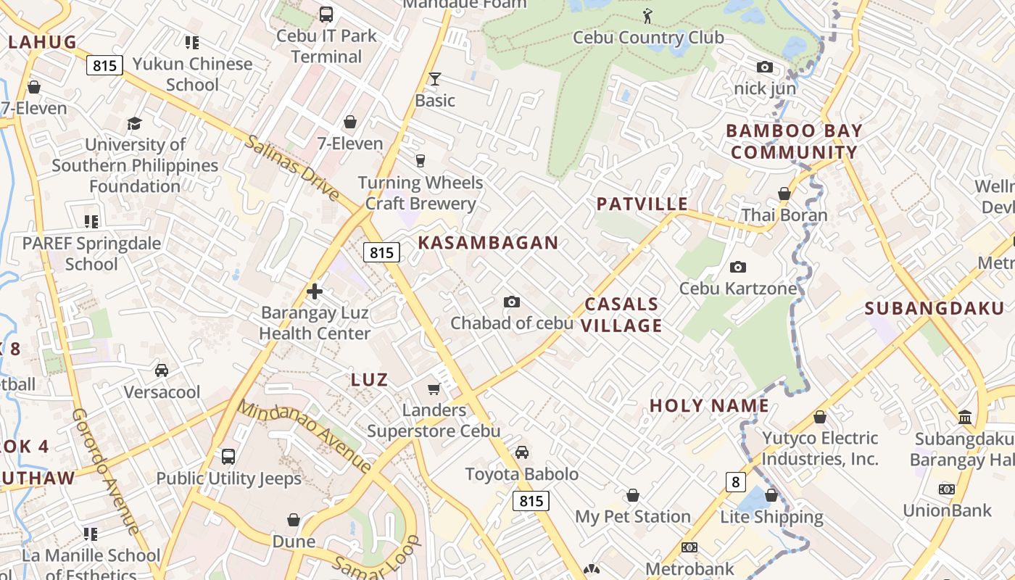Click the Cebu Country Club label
647,38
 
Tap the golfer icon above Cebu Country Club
647,15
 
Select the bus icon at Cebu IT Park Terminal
326,14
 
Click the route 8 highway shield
736,481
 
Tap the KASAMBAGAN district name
488,243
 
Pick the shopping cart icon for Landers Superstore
434,389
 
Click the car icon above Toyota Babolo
521,452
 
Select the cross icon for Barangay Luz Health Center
314,291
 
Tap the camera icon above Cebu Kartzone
737,267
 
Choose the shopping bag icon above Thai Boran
784,194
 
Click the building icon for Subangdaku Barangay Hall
965,417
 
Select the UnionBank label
947,510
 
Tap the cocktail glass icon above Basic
434,78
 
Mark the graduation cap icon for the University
134,123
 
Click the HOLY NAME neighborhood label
709,405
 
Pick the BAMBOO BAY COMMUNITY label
794,141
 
